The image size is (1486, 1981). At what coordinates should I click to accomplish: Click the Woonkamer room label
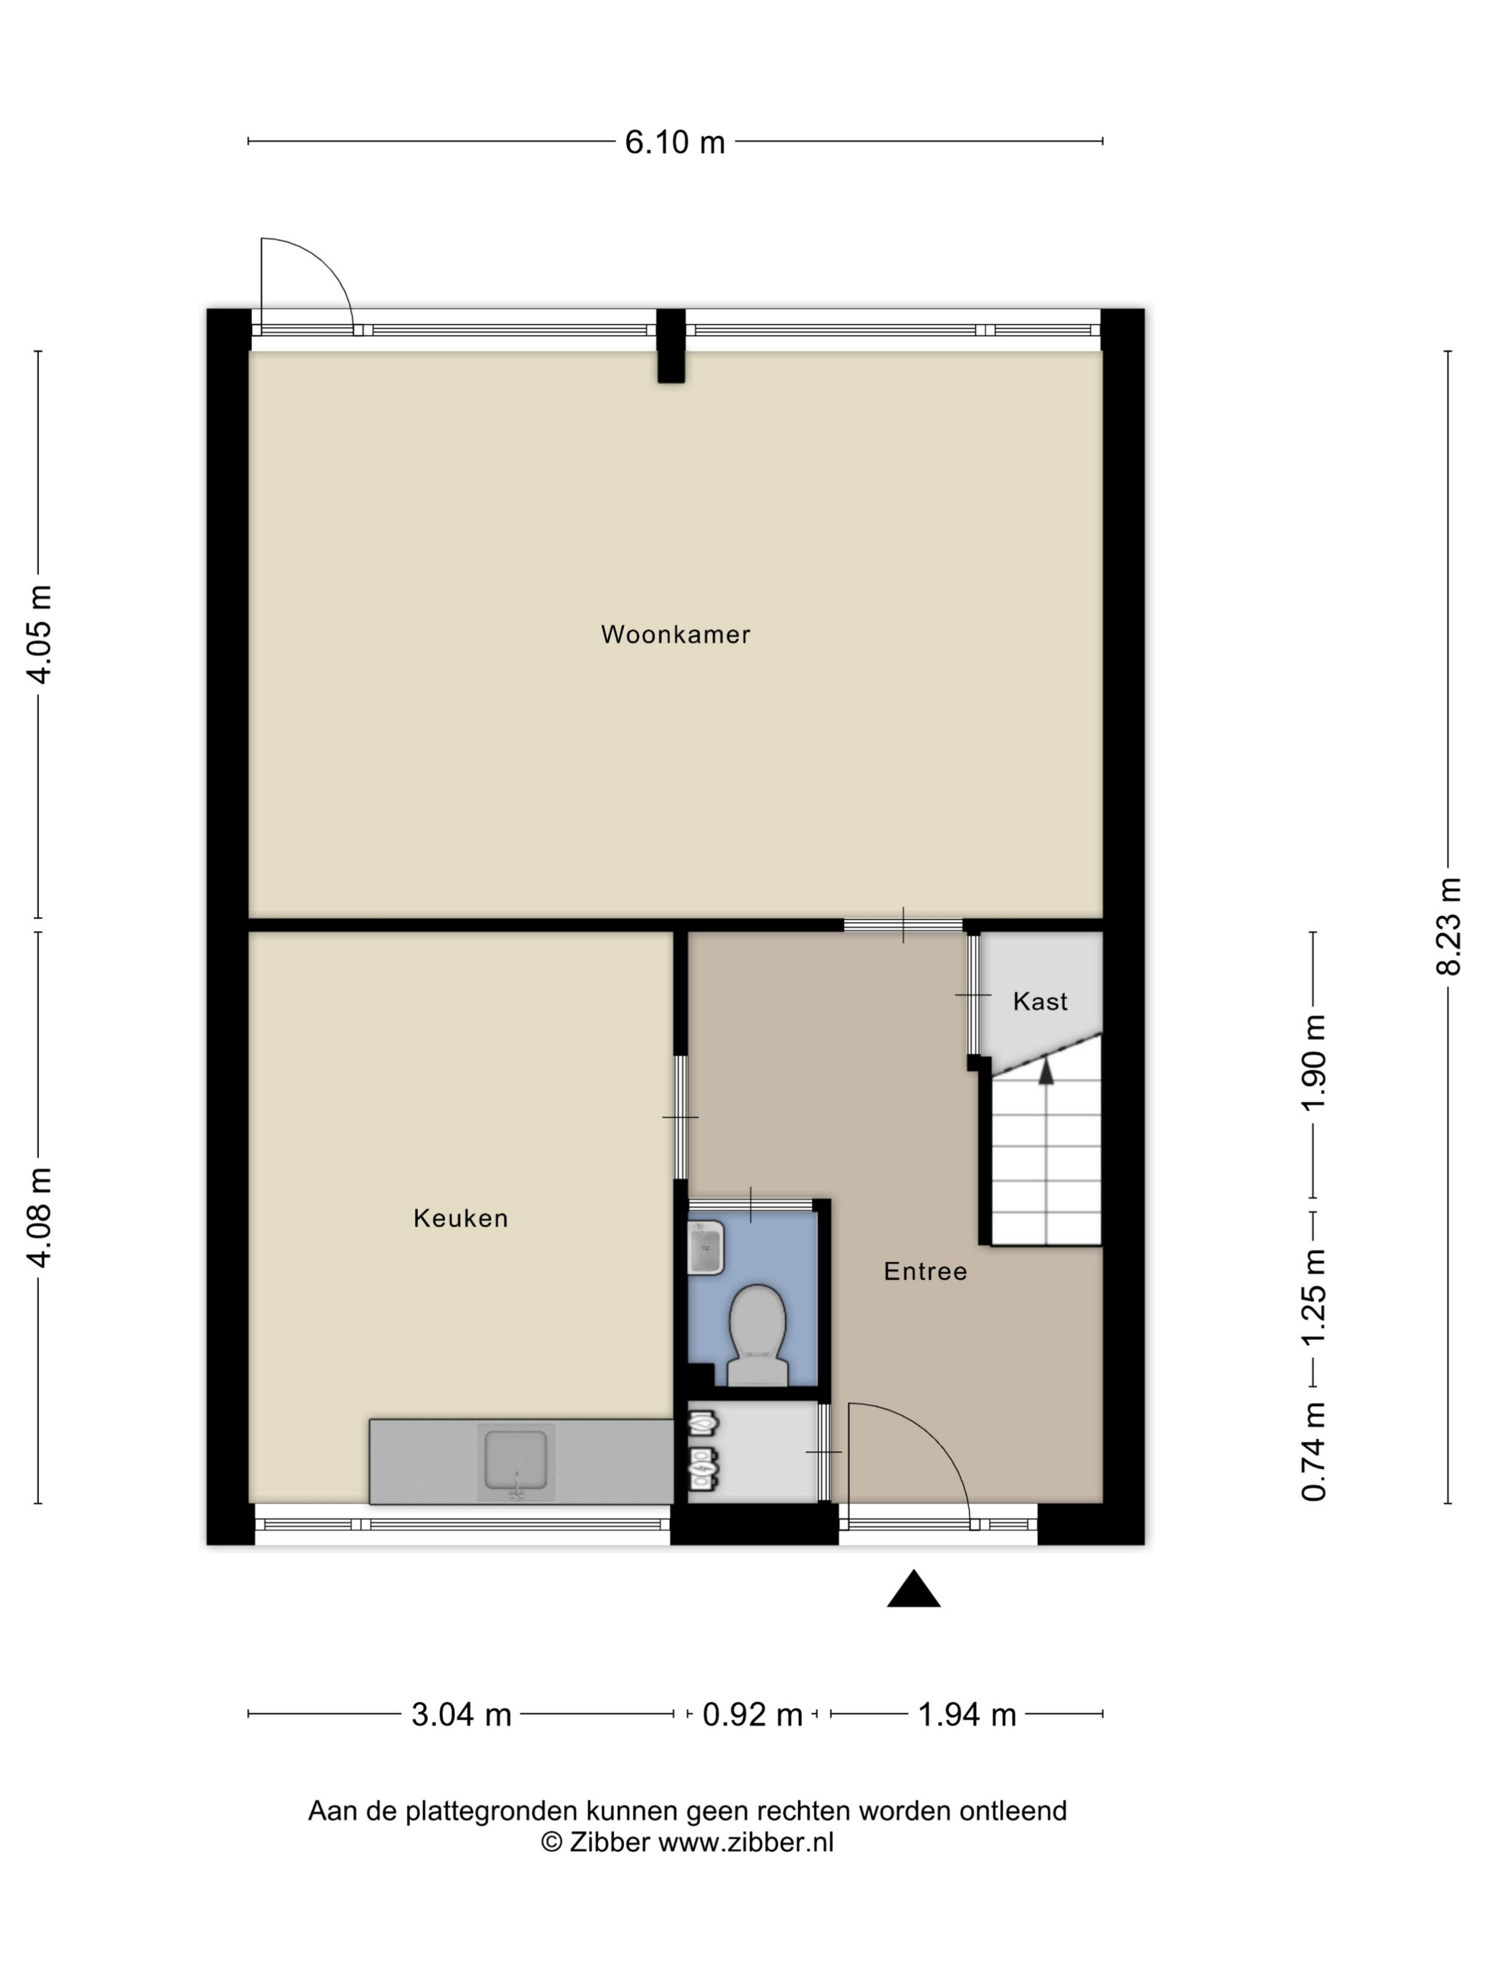tap(674, 634)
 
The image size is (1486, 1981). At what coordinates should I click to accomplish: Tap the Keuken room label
tap(461, 1218)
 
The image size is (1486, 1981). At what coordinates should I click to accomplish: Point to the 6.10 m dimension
tap(674, 142)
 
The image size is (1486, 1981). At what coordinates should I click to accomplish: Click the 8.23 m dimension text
tap(1448, 926)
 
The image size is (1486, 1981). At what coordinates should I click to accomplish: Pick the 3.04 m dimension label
tap(461, 1714)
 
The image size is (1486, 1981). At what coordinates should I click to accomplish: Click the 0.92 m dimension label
tap(751, 1714)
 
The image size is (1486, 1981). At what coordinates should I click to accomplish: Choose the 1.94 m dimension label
tap(967, 1714)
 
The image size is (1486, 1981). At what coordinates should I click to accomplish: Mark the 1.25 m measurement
tap(1313, 1297)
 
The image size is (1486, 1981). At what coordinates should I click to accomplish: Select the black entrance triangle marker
tap(913, 1590)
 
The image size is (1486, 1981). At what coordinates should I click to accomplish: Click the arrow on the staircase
tap(1045, 1070)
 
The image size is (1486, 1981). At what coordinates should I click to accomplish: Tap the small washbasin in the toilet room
tap(705, 1247)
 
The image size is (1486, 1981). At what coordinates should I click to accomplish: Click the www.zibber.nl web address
tap(745, 1842)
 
